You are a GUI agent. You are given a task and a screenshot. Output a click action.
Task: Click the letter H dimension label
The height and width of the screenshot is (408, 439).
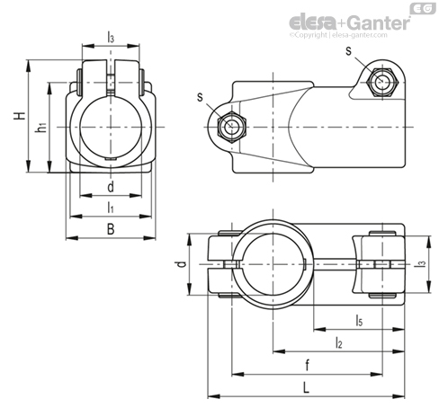20,116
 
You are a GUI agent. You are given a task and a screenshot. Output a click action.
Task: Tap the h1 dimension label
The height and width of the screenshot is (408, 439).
41,128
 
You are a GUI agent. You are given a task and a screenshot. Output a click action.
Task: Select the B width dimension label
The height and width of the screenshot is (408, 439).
111,229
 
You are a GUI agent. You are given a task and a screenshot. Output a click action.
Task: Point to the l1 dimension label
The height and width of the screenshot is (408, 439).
111,208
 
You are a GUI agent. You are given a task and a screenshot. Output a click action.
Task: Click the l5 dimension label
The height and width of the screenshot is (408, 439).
359,320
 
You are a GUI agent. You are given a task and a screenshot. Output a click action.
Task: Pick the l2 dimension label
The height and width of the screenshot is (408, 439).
338,342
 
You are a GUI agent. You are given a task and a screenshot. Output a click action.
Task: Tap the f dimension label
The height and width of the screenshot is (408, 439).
307,365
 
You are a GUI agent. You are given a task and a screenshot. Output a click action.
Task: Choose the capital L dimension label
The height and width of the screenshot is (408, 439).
306,388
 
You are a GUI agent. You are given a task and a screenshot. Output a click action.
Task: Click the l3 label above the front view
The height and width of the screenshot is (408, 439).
111,37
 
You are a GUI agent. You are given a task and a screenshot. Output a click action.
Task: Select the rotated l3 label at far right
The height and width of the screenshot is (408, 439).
422,264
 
